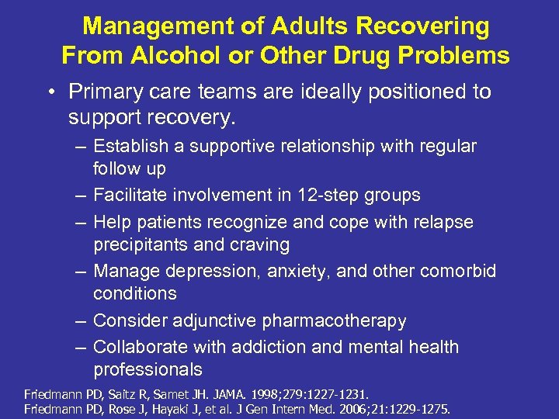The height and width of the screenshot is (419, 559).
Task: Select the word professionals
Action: tap(148, 370)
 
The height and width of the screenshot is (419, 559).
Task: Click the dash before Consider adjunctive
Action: tap(80, 320)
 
